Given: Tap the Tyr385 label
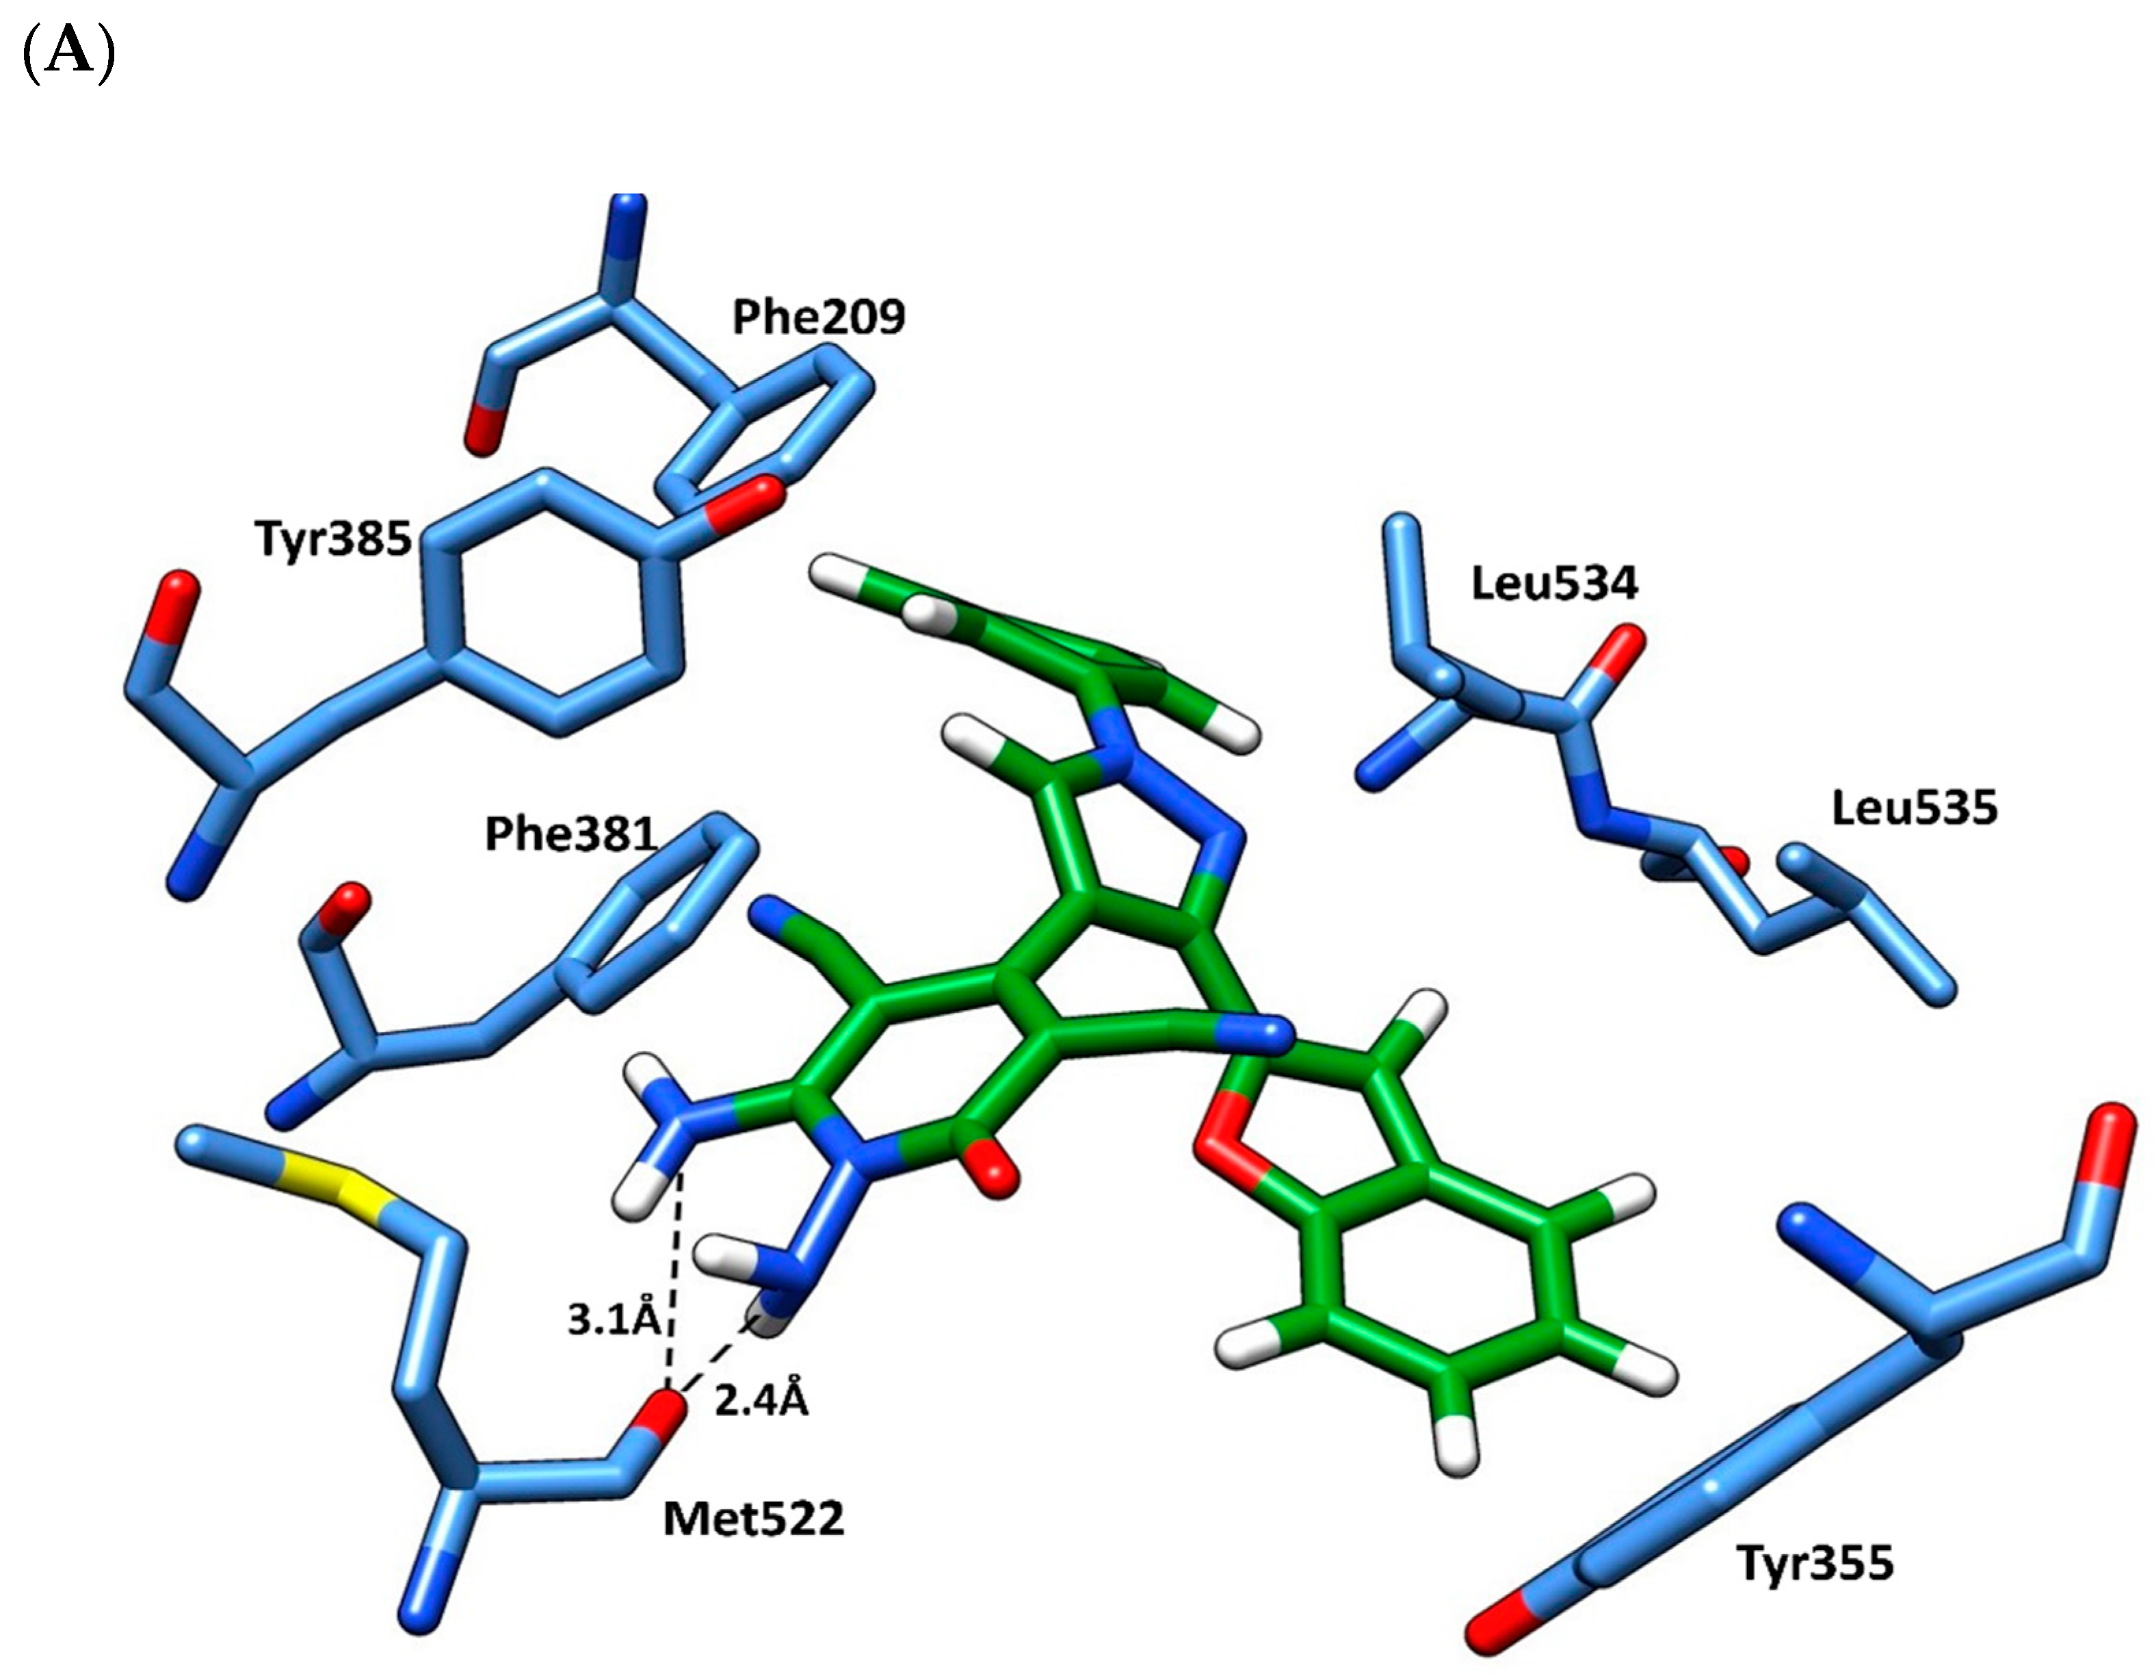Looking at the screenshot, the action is (333, 539).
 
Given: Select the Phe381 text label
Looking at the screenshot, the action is (570, 834).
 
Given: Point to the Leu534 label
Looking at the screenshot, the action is (1554, 583).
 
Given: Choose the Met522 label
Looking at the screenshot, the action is (754, 1518).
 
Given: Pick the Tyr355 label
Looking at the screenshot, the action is (1815, 1562).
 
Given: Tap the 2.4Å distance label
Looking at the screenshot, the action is (761, 1400).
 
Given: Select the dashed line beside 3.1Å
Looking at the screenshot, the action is (674, 1282).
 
